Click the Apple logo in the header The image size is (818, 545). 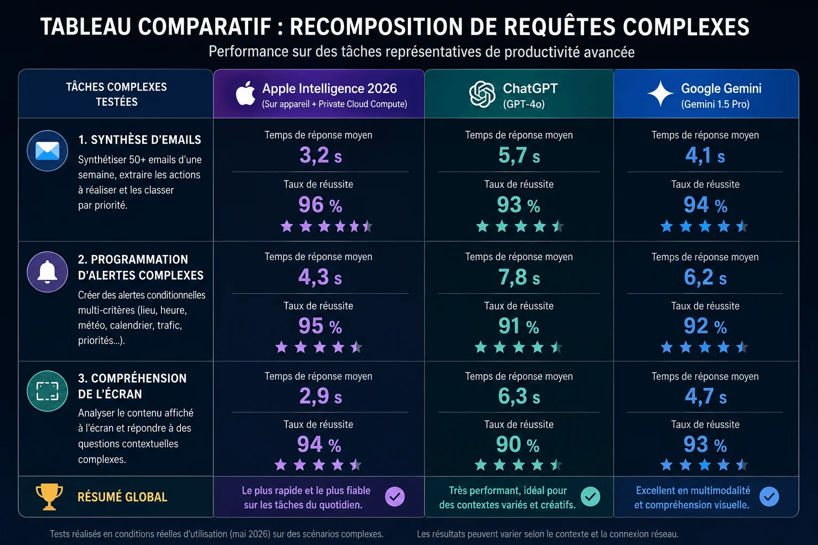[x=246, y=94]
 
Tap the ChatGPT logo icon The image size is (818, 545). [x=482, y=94]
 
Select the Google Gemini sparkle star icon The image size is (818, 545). [x=660, y=94]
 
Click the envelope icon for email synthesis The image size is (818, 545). [x=47, y=151]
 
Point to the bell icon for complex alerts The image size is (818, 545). [x=47, y=272]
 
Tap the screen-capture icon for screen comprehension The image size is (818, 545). [x=47, y=391]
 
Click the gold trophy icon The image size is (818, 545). [x=50, y=497]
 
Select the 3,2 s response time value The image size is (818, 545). [x=321, y=155]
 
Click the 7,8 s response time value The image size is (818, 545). [x=519, y=277]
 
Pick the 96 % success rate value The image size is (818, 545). [x=320, y=204]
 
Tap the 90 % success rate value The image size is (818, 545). [x=518, y=444]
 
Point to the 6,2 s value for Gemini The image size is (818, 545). [x=705, y=277]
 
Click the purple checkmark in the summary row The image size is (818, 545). [x=395, y=497]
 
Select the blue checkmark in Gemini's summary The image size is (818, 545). [x=769, y=497]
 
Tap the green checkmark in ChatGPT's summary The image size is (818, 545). [x=591, y=497]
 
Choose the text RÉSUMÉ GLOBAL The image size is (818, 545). [x=122, y=497]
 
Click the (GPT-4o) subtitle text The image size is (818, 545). [x=523, y=104]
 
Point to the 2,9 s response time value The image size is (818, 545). [x=321, y=396]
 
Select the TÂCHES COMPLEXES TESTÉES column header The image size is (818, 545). [x=117, y=94]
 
